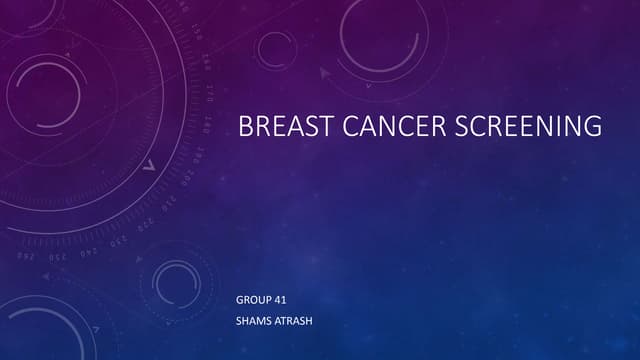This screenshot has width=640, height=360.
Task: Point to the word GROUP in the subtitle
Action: (250, 300)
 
